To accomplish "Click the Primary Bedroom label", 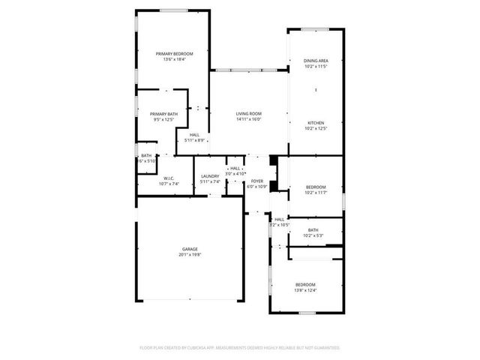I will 174,54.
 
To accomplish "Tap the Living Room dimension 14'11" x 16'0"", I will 248,118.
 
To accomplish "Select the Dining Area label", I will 316,61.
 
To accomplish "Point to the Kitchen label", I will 316,122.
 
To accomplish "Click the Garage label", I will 190,249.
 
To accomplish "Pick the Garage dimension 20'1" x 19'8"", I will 190,255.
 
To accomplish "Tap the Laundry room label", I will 210,176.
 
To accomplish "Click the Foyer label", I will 257,181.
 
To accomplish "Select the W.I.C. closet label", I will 169,178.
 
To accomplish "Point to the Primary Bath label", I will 163,114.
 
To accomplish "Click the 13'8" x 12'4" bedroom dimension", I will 305,290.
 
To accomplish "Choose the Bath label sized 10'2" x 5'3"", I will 313,230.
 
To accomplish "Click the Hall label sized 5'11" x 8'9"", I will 194,135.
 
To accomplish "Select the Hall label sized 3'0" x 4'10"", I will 235,168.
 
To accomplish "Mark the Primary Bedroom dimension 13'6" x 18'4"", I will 174,60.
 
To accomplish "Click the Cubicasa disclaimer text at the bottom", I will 240,348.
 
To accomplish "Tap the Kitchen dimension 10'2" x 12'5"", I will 316,128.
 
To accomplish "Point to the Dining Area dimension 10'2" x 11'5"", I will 316,67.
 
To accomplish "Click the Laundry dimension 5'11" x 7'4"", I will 210,181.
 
